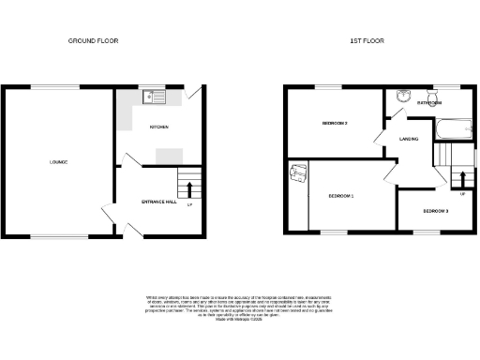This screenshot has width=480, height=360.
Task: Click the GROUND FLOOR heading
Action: tap(94, 41)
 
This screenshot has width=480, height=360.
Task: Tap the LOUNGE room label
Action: tap(58, 162)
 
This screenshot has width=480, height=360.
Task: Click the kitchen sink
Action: tap(152, 96)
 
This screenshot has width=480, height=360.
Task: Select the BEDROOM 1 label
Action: tap(341, 195)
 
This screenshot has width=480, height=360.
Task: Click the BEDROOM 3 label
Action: tap(434, 211)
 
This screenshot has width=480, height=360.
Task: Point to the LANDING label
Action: tap(409, 140)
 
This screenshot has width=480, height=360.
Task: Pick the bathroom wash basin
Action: tap(403, 95)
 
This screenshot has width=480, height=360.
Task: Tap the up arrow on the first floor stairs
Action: tap(460, 180)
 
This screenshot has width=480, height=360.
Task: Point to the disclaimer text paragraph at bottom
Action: tap(240, 309)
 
